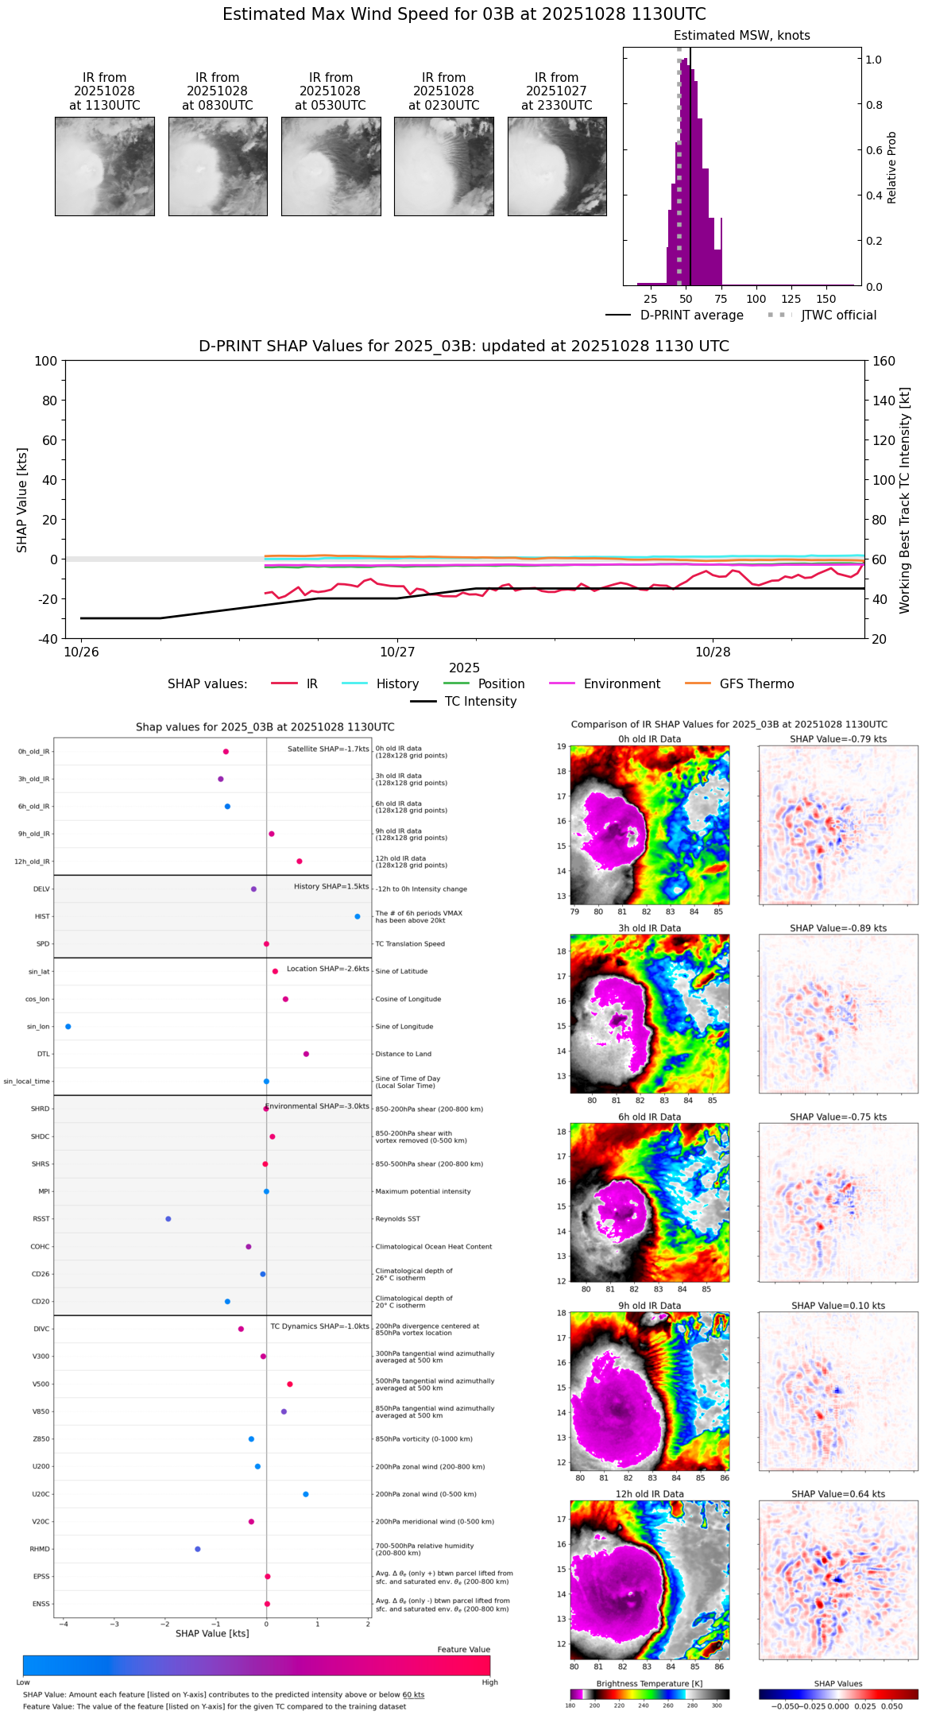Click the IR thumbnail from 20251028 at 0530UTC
[x=331, y=166]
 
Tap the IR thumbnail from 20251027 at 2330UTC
[x=557, y=166]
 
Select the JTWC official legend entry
[x=838, y=316]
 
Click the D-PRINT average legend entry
[x=691, y=316]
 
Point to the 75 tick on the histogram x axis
[x=721, y=299]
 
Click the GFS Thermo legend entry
[x=756, y=684]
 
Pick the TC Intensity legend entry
[x=480, y=702]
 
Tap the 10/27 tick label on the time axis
[x=397, y=652]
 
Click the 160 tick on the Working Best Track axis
[x=884, y=361]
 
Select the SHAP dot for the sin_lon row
[x=68, y=1027]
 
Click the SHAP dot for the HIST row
[x=358, y=916]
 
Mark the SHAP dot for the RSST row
[x=168, y=1219]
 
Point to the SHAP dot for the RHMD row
[x=198, y=1549]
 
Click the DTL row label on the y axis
[x=43, y=1055]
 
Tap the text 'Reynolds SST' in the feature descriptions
[x=397, y=1219]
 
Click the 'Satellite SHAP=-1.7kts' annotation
[x=328, y=749]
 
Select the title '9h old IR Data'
[x=649, y=1306]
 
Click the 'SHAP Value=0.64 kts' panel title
[x=838, y=1494]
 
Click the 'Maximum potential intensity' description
[x=423, y=1191]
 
